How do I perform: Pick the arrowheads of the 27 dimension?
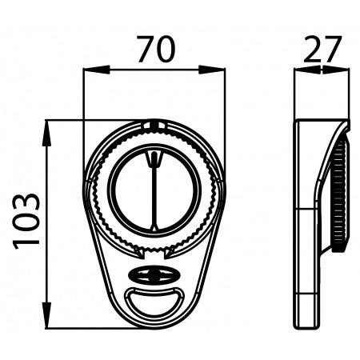pos(322,70)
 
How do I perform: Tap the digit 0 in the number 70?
pos(165,50)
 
